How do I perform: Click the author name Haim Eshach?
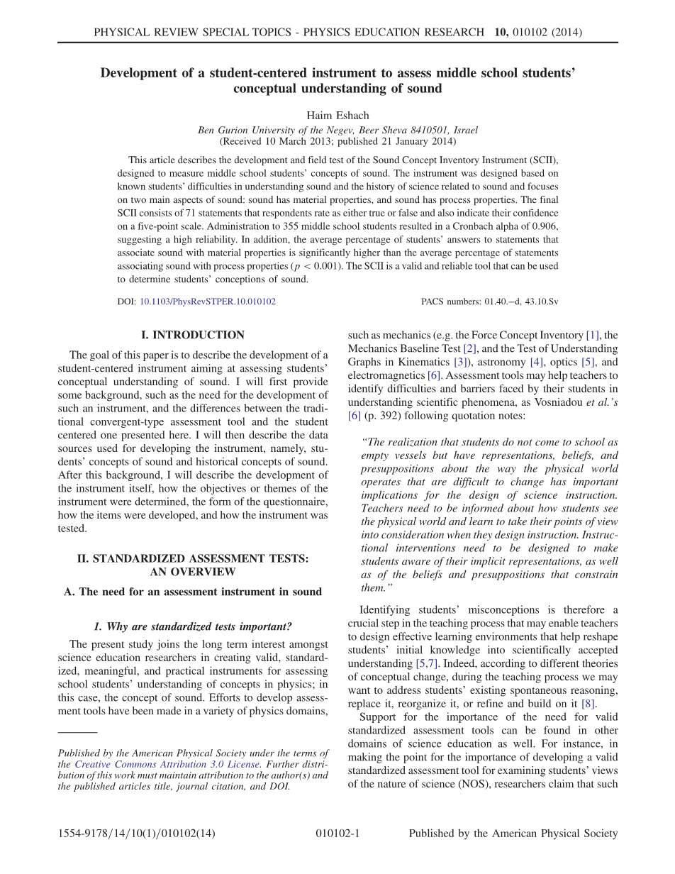coord(337,116)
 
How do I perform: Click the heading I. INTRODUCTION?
coord(193,335)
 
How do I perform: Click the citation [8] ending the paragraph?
coord(588,704)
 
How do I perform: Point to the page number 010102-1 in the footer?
coord(337,834)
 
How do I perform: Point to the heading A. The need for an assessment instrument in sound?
coord(193,592)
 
